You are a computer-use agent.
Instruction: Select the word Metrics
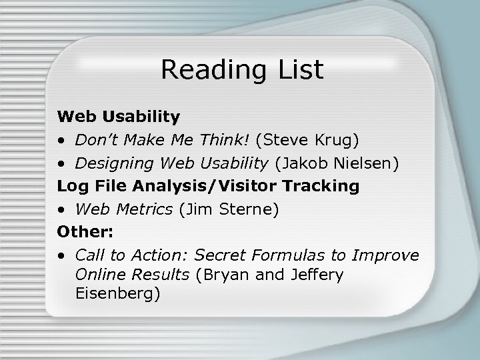(x=143, y=209)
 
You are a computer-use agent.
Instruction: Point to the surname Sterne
(x=251, y=209)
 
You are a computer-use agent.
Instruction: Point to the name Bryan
(x=224, y=275)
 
